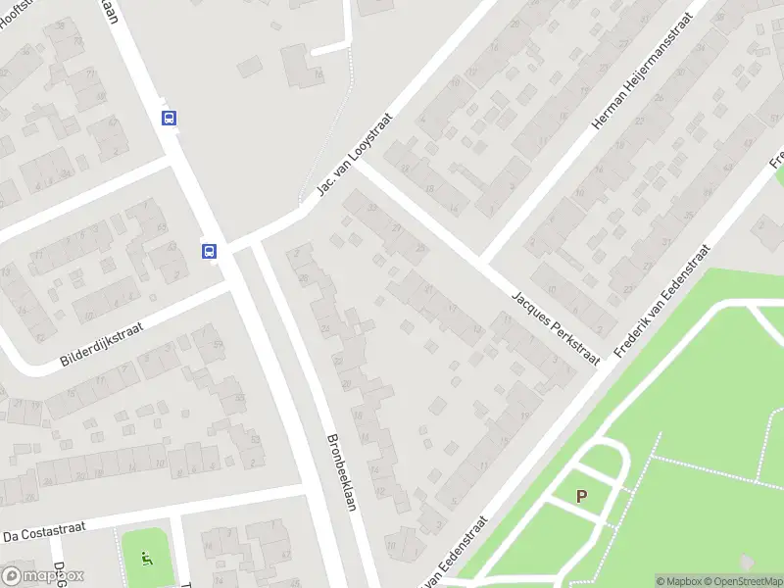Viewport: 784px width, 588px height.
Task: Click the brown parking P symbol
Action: (581, 497)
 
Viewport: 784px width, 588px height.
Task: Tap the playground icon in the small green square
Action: (148, 560)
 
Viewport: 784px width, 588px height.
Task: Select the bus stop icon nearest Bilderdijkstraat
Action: (210, 251)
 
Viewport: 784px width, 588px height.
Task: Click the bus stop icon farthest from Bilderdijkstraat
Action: (170, 119)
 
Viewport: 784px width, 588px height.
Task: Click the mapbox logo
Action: (43, 575)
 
